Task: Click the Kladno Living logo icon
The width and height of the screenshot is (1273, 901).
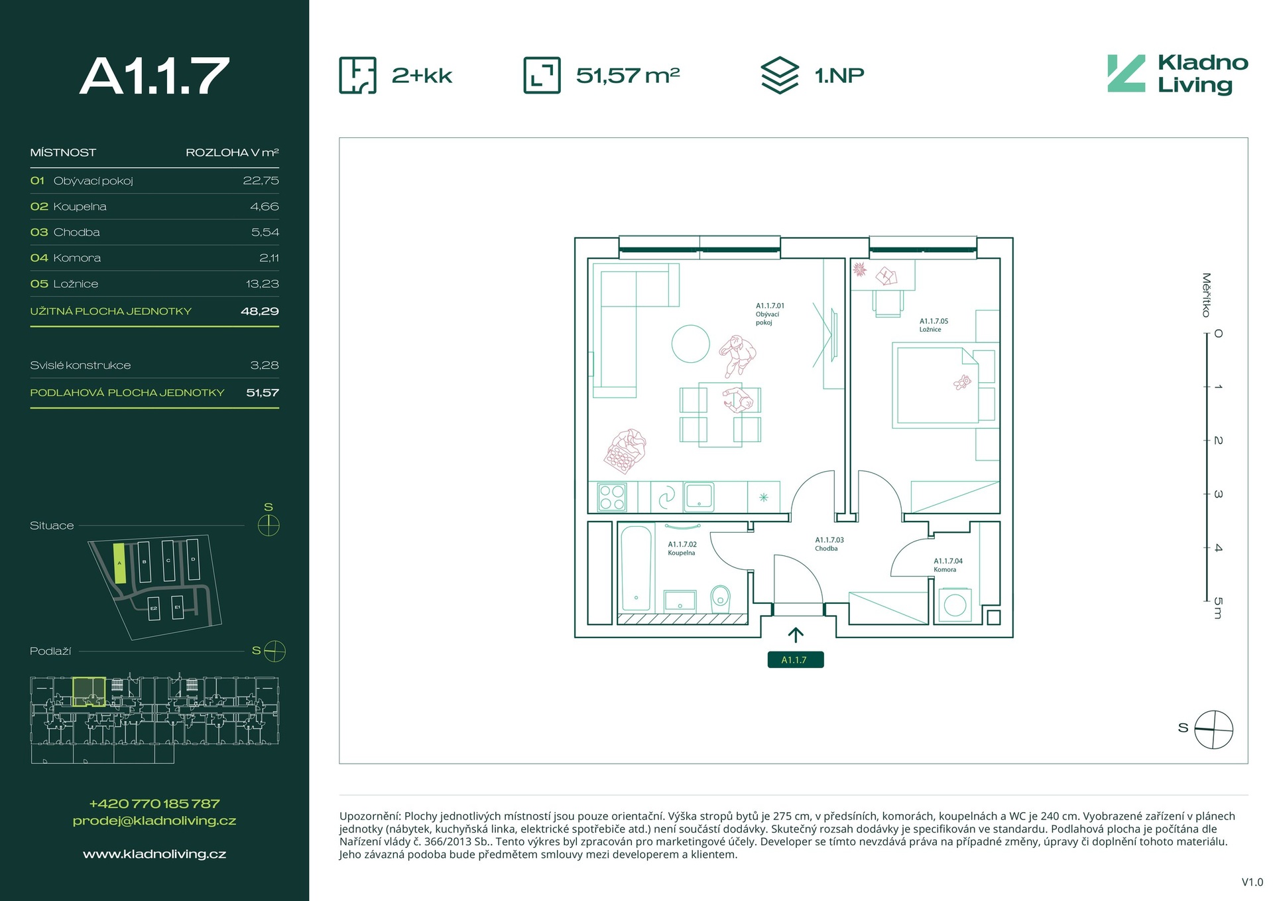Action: point(1126,73)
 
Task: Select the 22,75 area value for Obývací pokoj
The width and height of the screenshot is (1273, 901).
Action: point(261,180)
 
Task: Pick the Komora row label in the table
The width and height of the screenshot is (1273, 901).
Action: point(77,258)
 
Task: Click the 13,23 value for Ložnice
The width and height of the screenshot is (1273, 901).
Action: point(262,284)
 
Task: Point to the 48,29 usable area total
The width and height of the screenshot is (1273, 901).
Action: point(259,311)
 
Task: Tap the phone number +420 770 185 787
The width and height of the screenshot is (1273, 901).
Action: point(154,803)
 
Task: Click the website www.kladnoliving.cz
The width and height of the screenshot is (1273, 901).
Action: point(154,854)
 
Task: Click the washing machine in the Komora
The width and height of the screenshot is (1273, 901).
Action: point(955,604)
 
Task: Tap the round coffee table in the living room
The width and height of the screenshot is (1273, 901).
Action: point(690,344)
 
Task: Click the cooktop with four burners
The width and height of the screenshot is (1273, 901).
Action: point(611,497)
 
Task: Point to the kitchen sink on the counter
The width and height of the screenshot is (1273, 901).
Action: point(699,496)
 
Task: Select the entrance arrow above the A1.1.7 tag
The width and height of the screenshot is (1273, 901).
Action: point(796,635)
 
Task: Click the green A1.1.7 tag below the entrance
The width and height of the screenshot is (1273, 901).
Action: point(795,659)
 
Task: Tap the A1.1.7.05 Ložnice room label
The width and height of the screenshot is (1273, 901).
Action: point(934,325)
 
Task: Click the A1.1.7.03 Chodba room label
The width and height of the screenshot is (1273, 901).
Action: point(829,544)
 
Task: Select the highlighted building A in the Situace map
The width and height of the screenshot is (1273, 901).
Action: point(119,563)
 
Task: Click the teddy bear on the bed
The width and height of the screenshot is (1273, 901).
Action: point(962,382)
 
